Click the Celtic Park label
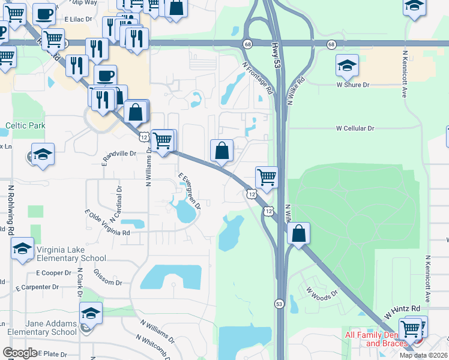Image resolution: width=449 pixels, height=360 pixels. [x=25, y=126]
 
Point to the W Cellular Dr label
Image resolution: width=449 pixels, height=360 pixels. [x=355, y=128]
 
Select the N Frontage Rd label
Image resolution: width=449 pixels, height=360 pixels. [x=258, y=79]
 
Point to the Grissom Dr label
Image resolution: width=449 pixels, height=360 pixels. [x=108, y=278]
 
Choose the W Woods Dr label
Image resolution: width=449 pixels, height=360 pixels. [x=322, y=293]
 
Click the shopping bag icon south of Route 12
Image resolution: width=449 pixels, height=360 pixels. [x=298, y=233]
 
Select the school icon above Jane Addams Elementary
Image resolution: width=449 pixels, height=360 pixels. [x=91, y=313]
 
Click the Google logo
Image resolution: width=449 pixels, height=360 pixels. [x=20, y=353]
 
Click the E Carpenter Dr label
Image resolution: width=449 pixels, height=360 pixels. [x=37, y=287]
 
